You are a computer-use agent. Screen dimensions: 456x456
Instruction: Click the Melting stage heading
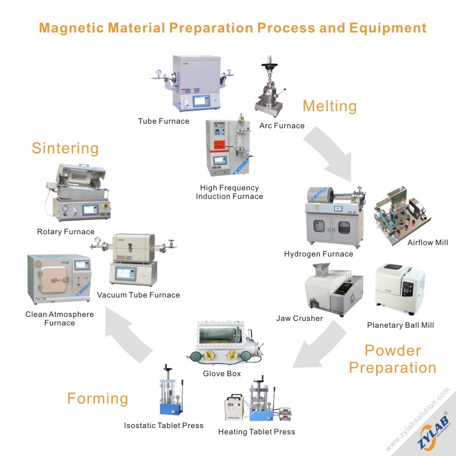click(329, 106)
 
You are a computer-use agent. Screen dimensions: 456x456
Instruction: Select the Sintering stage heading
click(65, 149)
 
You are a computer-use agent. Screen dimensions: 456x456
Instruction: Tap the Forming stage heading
click(97, 398)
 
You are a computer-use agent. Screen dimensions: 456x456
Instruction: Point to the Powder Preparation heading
click(393, 359)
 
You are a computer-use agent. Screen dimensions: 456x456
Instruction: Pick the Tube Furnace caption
click(164, 121)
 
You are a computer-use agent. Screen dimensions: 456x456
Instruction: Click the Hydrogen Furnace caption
click(319, 254)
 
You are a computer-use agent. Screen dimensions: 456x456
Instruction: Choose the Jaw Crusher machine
click(331, 288)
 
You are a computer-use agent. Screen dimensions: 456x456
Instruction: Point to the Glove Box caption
click(222, 374)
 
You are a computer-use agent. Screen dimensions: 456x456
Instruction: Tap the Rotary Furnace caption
click(66, 231)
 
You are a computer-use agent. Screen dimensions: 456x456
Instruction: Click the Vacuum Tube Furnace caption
click(139, 295)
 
